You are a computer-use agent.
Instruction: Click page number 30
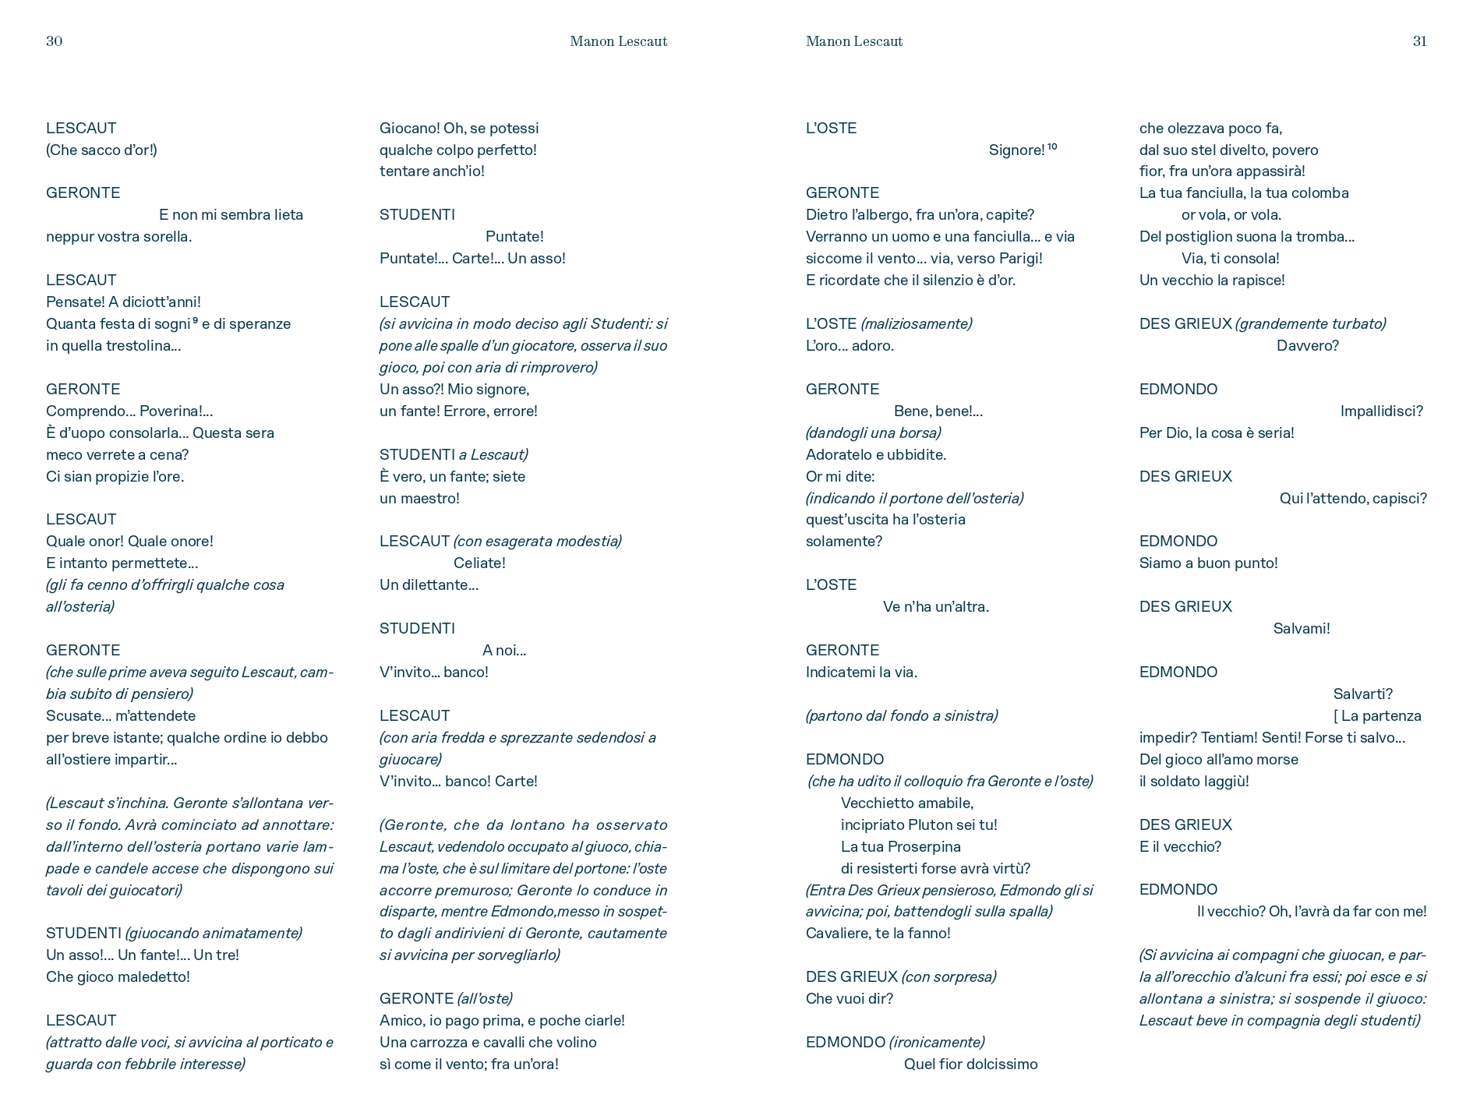[x=54, y=41]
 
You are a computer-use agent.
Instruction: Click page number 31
[x=1419, y=41]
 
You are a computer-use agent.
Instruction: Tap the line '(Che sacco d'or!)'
[x=101, y=150]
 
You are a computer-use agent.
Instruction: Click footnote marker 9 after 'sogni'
[x=195, y=319]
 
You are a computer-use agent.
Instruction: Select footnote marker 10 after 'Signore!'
[x=1052, y=147]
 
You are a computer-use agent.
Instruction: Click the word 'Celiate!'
[x=479, y=563]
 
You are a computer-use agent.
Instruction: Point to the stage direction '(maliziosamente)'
[x=916, y=323]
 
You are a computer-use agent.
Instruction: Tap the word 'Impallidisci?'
[x=1381, y=411]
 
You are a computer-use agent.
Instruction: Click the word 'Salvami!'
[x=1302, y=628]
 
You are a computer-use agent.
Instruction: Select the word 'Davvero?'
[x=1307, y=345]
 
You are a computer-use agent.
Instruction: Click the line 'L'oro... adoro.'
[x=850, y=345]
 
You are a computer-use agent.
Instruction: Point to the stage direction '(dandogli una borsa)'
[x=873, y=432]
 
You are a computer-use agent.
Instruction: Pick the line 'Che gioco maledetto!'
[x=118, y=976]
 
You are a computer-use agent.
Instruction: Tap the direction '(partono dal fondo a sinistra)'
[x=901, y=715]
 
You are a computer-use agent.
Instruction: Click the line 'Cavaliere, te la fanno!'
[x=878, y=933]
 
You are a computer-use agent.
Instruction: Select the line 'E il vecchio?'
[x=1180, y=846]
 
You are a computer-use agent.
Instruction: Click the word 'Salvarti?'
[x=1362, y=694]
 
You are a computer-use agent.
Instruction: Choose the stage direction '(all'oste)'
[x=485, y=998]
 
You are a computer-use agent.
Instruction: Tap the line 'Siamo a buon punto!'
[x=1208, y=563]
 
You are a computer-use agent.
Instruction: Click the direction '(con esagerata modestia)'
[x=537, y=541]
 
